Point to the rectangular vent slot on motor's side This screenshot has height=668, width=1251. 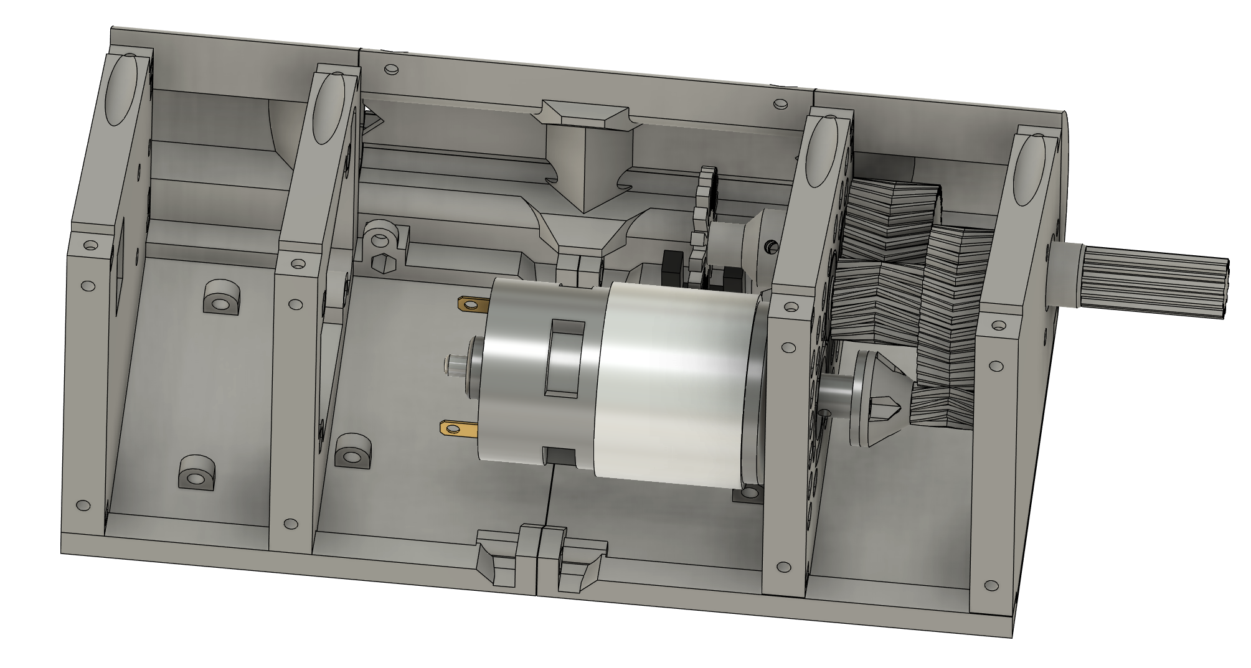tap(564, 358)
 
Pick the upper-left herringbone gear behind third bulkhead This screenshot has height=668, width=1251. tap(890, 218)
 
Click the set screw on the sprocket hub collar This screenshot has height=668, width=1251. tap(772, 247)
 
